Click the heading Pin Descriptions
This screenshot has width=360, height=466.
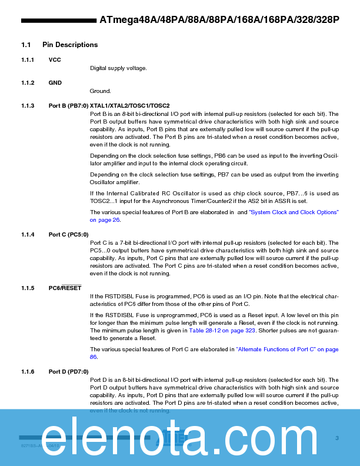[70, 45]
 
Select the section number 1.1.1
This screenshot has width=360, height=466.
[28, 60]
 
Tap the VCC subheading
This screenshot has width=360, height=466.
[55, 60]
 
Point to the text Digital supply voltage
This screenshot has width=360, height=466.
[118, 68]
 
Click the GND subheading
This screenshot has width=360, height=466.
[55, 83]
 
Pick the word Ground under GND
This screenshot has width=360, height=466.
[100, 91]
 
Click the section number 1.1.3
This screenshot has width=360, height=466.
[28, 106]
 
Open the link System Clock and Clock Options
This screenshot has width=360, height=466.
[293, 212]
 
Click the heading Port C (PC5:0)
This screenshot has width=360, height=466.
[68, 235]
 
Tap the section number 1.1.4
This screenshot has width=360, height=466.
[28, 235]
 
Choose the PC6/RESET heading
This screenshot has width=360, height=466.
[65, 288]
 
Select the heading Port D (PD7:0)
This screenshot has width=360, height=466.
[68, 372]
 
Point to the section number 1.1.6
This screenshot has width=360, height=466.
[28, 372]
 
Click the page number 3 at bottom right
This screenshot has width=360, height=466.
[337, 438]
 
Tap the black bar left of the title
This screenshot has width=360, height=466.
[58, 20]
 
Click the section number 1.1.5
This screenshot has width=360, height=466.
[28, 288]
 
